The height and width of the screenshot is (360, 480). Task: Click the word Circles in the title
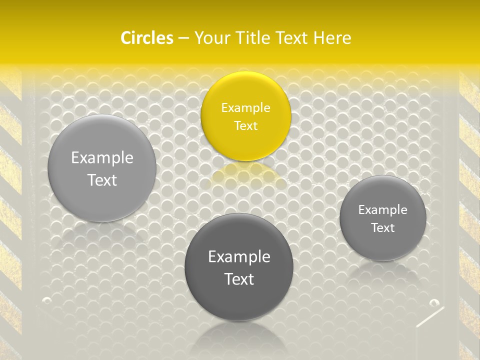pos(146,38)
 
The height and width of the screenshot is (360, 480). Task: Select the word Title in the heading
pos(255,38)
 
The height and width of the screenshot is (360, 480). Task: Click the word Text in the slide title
pos(292,38)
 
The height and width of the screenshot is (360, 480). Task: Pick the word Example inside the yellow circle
pos(245,107)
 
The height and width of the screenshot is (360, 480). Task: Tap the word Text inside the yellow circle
pos(245,125)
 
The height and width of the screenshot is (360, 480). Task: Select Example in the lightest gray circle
pos(102,157)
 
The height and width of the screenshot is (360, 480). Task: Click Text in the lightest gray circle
pos(102,180)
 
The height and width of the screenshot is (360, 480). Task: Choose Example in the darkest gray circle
pos(239,256)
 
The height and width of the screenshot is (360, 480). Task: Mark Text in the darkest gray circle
pos(239,279)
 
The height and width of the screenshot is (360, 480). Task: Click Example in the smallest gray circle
pos(382,209)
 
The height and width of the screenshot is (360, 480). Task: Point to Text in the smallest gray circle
pos(382,227)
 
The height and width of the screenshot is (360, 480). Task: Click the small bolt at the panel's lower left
pos(47,300)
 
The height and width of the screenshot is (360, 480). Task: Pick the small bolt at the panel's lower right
pos(434,302)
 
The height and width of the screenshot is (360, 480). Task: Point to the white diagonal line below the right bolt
pos(430,317)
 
